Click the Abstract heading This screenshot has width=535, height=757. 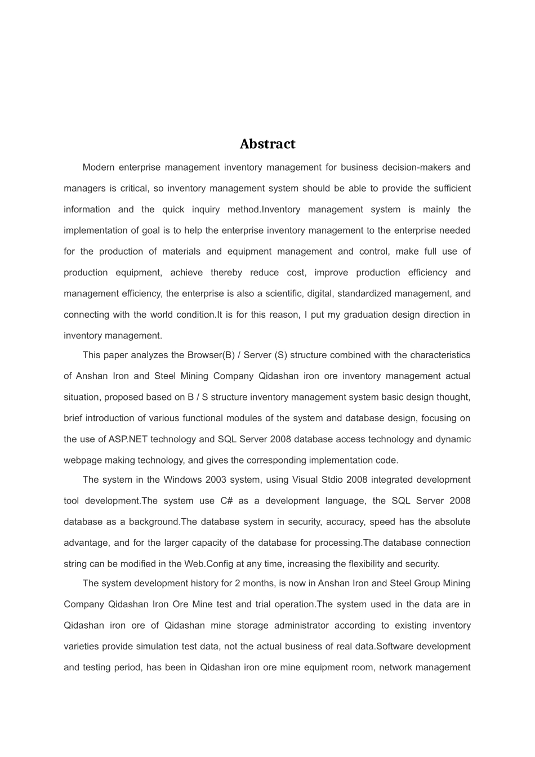267,144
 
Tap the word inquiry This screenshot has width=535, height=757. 206,210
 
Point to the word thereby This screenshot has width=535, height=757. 226,273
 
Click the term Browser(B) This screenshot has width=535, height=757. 209,355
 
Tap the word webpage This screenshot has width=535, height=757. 81,460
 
